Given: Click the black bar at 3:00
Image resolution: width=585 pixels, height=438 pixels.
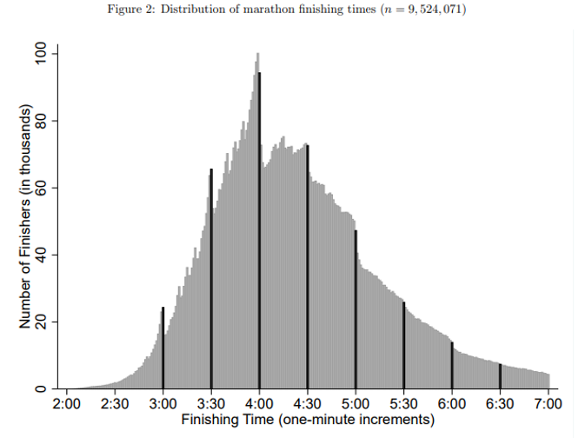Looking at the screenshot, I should coord(163,348).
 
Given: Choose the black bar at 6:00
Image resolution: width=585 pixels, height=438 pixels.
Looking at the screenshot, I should coord(452,365).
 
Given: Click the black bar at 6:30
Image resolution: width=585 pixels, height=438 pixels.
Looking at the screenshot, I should coord(500,376).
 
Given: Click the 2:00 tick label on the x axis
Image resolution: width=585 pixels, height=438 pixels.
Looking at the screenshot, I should coord(67,404).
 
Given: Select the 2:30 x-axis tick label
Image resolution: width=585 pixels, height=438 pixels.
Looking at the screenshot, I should coord(115,404).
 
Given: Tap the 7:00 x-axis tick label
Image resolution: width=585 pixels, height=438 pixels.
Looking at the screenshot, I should coord(548,404).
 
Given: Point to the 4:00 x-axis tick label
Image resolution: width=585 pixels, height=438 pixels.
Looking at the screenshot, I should coord(259,404).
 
